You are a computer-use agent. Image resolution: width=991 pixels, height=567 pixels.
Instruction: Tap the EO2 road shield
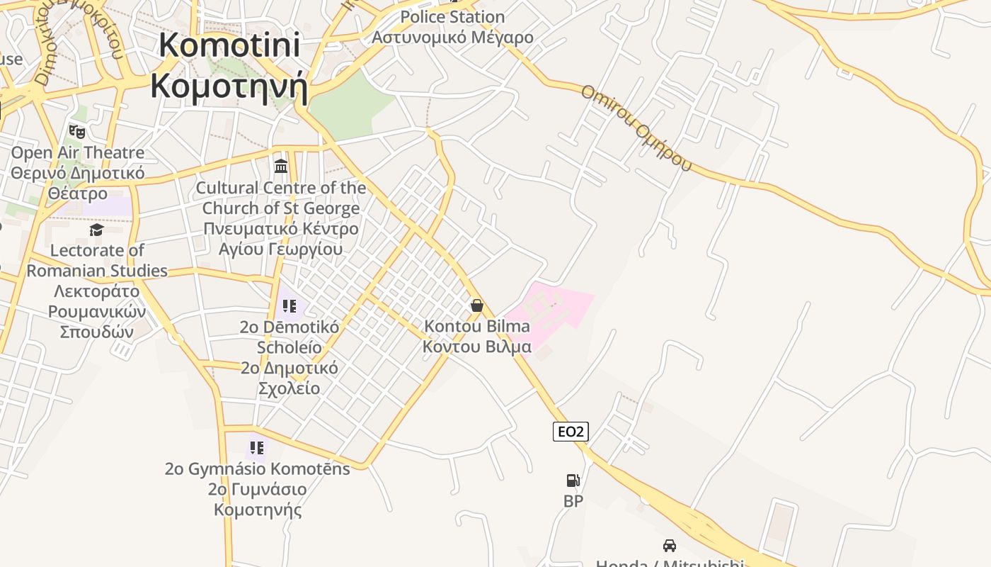click(571, 432)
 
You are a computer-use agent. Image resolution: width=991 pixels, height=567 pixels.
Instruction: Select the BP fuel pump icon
click(573, 481)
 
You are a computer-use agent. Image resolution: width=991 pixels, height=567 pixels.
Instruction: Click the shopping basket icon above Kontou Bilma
click(477, 305)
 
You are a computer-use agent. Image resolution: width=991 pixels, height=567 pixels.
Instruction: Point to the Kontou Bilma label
click(476, 337)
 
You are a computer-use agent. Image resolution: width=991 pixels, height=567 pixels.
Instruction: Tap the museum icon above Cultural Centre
click(281, 167)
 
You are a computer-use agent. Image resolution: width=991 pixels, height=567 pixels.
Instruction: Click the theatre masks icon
click(77, 131)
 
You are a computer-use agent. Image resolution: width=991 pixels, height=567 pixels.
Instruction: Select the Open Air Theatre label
click(77, 173)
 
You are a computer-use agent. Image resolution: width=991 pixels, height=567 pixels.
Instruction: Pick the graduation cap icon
click(96, 230)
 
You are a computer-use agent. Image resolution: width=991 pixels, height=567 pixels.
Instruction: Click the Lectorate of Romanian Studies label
click(97, 291)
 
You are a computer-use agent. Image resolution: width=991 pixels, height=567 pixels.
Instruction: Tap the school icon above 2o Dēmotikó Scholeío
click(289, 306)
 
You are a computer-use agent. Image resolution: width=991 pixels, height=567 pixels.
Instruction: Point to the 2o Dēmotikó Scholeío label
click(289, 357)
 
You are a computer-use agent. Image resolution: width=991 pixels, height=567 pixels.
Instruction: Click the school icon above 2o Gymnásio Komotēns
click(256, 448)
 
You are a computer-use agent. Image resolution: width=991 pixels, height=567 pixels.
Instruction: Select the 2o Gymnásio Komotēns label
click(258, 489)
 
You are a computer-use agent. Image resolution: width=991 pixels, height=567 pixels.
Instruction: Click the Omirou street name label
click(635, 128)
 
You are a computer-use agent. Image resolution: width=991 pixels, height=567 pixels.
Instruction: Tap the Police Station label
click(453, 26)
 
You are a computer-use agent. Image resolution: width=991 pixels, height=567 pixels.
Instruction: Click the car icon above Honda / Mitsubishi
click(669, 545)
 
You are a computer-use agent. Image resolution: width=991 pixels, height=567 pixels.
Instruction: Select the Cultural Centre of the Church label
click(280, 218)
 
